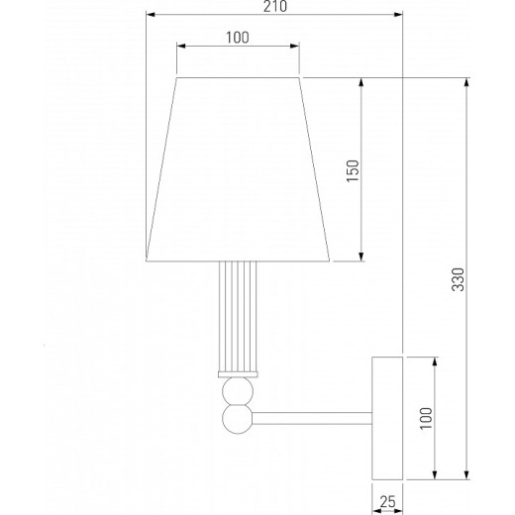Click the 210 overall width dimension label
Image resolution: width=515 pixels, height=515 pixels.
pos(274,7)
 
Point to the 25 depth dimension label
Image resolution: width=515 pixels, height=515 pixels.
pos(388,502)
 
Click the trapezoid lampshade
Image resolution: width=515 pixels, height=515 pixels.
pos(238,168)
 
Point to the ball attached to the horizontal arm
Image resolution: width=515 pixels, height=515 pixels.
pos(237,419)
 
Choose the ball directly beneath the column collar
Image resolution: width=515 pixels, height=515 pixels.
pos(237,389)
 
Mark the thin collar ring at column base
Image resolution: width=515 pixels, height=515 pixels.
pos(238,373)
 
